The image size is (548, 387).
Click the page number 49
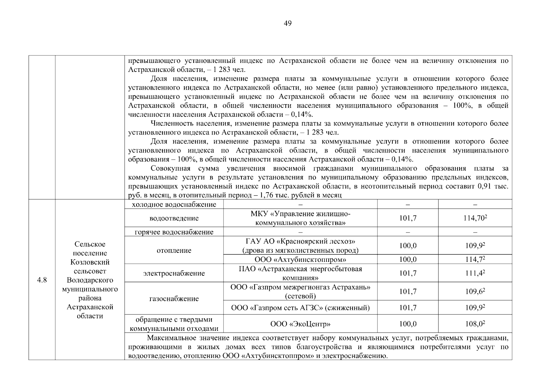click(287, 23)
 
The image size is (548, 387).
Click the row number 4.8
click(42, 280)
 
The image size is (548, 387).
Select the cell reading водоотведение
click(174, 218)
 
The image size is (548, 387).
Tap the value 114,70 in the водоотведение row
click(475, 218)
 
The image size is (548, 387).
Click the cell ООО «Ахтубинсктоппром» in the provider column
click(300, 260)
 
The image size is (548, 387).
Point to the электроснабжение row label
click(174, 273)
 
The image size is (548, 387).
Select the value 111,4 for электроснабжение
click(475, 273)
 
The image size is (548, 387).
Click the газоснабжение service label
click(174, 299)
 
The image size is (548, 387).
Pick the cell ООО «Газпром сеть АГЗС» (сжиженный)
click(300, 308)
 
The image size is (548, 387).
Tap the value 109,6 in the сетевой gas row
click(475, 292)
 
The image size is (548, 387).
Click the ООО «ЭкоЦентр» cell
click(300, 324)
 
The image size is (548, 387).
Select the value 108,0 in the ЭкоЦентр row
click(475, 324)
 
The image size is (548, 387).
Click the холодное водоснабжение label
click(174, 204)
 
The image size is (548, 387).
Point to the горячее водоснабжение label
click(174, 232)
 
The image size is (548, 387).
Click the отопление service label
click(174, 251)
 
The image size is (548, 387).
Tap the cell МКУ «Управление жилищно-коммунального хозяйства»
click(300, 218)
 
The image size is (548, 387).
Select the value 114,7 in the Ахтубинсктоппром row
click(475, 260)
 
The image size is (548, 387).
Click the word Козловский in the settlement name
click(90, 262)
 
